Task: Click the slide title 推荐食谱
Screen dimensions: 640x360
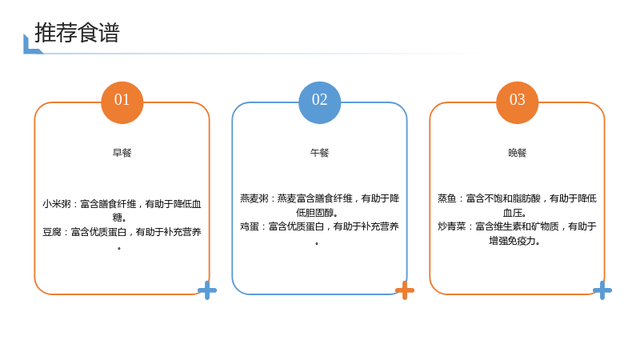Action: tap(77, 33)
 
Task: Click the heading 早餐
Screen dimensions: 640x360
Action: tap(122, 153)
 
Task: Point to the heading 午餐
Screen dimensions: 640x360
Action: tap(319, 153)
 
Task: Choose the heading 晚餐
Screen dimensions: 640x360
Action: tap(517, 153)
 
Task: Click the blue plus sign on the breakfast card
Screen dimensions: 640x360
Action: tap(207, 290)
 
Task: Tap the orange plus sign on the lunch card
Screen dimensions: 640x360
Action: tap(405, 290)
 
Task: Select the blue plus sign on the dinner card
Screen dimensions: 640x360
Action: tap(602, 290)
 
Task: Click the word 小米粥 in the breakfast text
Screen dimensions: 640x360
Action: tap(57, 204)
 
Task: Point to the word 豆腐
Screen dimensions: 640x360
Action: tap(52, 232)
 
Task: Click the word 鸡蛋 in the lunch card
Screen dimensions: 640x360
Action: tap(250, 226)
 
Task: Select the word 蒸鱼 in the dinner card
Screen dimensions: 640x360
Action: tap(447, 198)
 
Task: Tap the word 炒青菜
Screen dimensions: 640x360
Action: tap(452, 226)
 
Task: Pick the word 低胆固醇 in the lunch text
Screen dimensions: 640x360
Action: tap(315, 213)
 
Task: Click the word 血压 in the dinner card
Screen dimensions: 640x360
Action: tap(513, 213)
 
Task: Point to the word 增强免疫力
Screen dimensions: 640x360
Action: tap(513, 241)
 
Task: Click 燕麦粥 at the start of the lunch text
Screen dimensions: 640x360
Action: tap(254, 198)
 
